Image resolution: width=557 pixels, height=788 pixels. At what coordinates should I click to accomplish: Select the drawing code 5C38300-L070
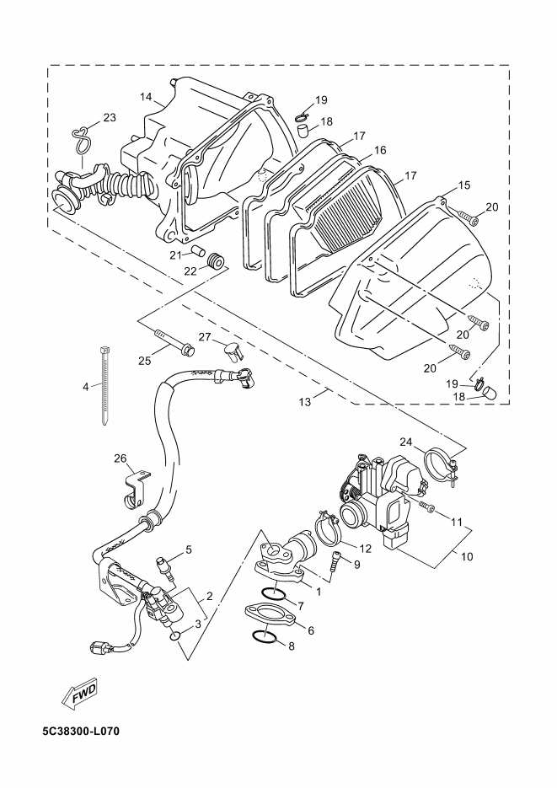click(x=81, y=732)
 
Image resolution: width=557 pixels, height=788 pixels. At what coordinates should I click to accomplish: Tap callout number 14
click(x=146, y=96)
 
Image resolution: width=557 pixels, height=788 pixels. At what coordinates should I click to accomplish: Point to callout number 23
click(x=110, y=117)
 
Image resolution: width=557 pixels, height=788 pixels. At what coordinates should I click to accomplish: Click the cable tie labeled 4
click(x=104, y=386)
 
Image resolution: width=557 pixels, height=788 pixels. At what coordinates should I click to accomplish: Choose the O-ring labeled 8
click(x=262, y=637)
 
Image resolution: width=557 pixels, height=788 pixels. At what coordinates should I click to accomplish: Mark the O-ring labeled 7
click(x=274, y=593)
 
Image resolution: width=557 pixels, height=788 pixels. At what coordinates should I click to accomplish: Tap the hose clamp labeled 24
click(x=442, y=466)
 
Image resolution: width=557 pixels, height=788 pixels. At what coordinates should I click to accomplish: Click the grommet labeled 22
click(x=216, y=262)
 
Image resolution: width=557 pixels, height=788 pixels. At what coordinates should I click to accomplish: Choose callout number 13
click(x=305, y=401)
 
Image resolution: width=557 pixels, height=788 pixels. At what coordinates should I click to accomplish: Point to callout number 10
click(x=467, y=556)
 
